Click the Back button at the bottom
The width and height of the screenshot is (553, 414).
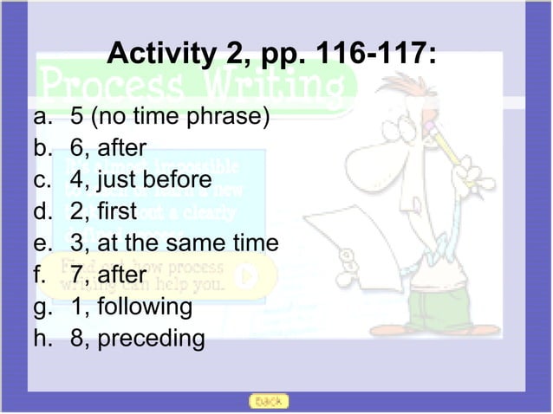[268, 401]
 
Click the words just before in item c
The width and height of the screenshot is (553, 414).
[154, 179]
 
